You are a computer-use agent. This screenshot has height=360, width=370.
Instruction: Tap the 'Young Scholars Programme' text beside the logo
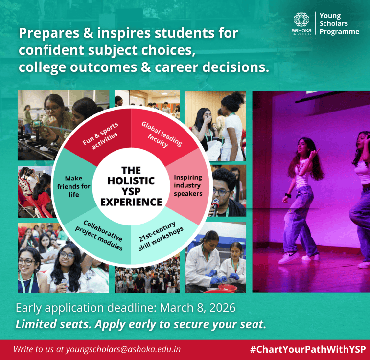pos(339,24)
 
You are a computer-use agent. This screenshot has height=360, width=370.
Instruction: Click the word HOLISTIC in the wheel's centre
pos(131,180)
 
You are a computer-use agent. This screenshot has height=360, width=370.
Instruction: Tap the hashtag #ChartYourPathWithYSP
pos(307,349)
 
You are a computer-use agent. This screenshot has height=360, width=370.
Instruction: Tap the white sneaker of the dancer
pos(288,257)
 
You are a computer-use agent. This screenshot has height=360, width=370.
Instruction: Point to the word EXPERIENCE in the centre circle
pos(131,202)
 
